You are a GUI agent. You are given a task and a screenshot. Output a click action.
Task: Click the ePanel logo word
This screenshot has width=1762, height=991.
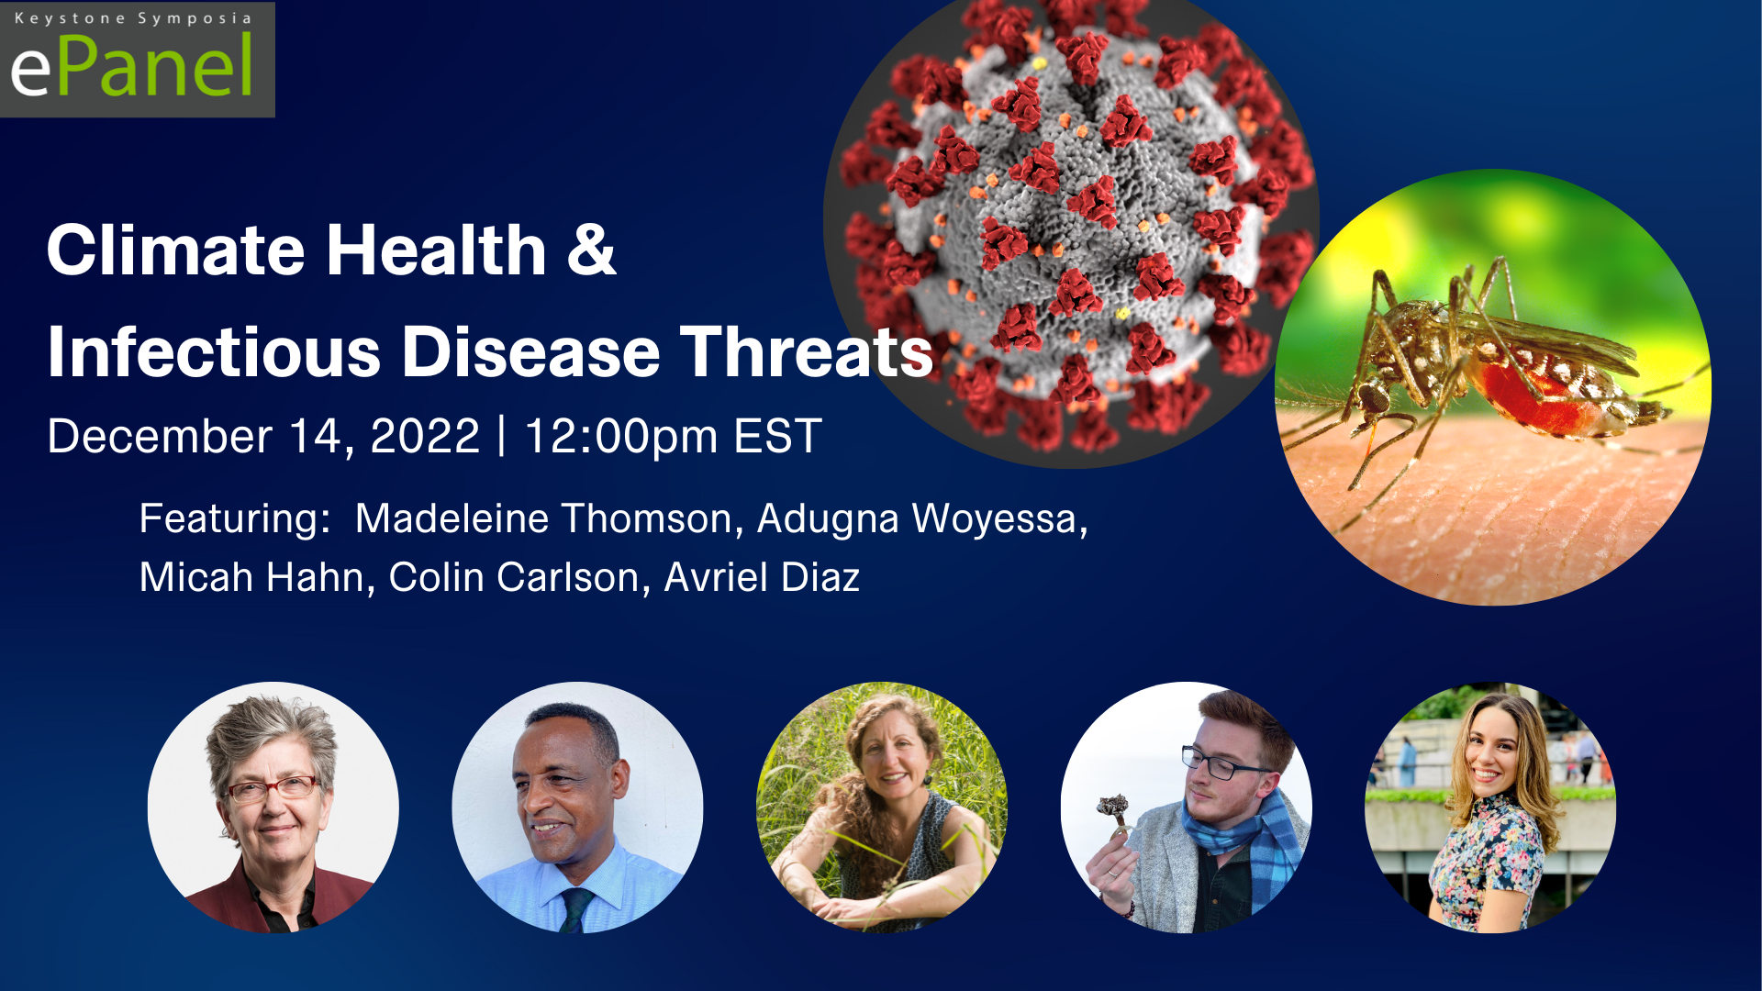tap(131, 66)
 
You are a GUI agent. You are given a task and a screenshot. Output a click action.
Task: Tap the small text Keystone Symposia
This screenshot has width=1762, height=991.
tap(133, 18)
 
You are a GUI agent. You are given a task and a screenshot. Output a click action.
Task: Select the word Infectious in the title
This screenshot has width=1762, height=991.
tap(214, 352)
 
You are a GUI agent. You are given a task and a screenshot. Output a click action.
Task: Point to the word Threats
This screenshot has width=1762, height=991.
tap(807, 352)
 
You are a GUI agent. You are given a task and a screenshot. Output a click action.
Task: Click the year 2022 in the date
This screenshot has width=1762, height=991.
tap(425, 436)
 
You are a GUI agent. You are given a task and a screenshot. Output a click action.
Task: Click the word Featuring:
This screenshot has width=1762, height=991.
tap(234, 520)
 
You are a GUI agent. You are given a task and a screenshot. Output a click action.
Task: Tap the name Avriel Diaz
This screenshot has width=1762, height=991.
tap(762, 578)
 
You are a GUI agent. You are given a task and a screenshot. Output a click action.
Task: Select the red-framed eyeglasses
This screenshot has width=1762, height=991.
tap(273, 788)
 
